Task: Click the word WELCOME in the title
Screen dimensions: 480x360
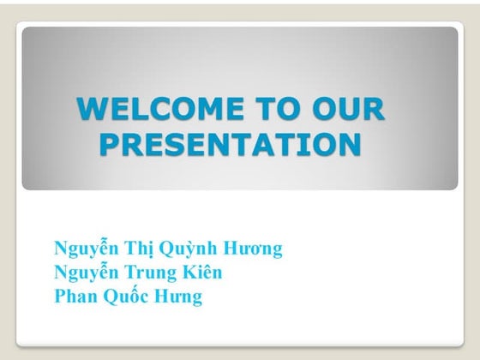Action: point(160,108)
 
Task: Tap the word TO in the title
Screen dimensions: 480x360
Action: point(278,108)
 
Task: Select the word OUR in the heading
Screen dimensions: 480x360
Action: point(348,108)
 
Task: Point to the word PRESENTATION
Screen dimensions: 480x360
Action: point(231,144)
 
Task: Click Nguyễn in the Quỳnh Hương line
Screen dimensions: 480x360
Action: point(87,248)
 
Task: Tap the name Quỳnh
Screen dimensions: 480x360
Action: point(189,248)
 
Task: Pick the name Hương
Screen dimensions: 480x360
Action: point(253,249)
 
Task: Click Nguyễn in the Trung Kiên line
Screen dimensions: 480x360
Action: point(87,272)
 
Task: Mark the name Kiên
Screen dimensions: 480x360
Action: point(202,272)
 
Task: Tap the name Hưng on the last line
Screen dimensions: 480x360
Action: point(178,297)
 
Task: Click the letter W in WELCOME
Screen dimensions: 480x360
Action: point(91,108)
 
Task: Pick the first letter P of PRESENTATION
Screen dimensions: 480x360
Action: point(110,144)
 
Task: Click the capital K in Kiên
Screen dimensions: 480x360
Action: point(189,273)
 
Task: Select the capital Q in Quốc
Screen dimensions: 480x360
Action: point(111,297)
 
